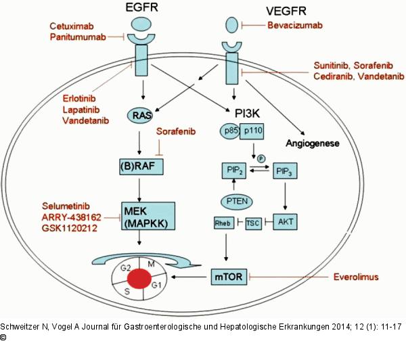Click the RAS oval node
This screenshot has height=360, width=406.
[141, 116]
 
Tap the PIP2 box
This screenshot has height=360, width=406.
[232, 171]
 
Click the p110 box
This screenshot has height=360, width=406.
[255, 128]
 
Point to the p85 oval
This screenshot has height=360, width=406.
[229, 128]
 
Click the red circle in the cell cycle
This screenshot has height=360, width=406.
[141, 278]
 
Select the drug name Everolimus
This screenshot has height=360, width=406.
[359, 277]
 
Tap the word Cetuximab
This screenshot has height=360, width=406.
[76, 26]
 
